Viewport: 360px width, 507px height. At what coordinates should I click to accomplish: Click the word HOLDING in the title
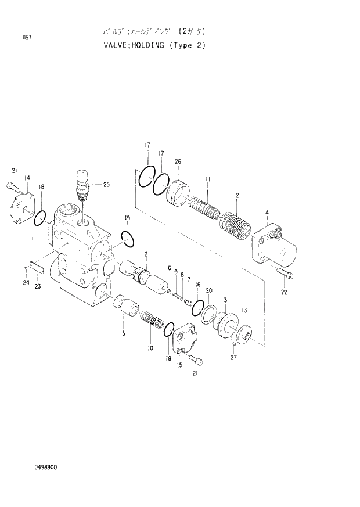(143, 45)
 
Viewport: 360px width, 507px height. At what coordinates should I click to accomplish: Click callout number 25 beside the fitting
(106, 185)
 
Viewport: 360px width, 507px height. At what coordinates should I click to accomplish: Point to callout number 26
(178, 161)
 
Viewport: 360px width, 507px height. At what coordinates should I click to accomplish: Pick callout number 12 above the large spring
(236, 196)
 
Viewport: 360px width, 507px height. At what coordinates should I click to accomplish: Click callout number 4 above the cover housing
(267, 213)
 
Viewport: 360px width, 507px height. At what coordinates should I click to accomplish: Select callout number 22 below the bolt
(284, 292)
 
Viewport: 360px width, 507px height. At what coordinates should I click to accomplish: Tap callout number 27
(233, 358)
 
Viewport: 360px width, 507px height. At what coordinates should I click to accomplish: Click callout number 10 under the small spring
(150, 348)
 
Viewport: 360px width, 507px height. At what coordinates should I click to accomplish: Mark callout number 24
(26, 283)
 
